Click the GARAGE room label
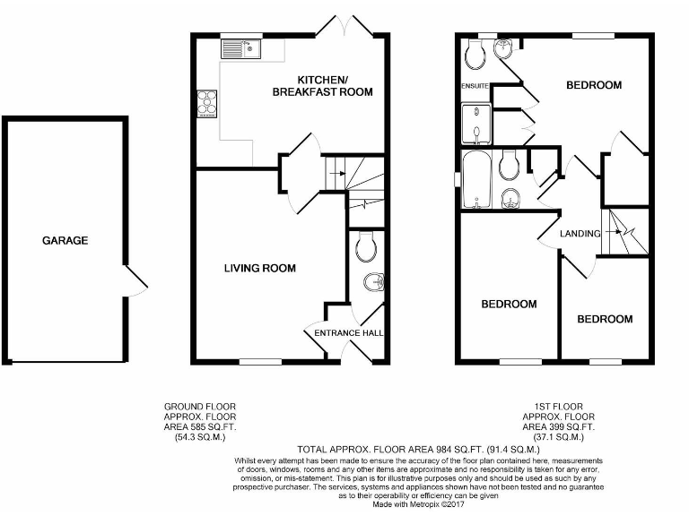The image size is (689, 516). click(x=65, y=240)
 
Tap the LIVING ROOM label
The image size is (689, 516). click(x=260, y=268)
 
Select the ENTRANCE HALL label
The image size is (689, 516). click(x=349, y=333)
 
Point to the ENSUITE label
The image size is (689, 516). click(x=475, y=86)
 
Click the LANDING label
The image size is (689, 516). click(x=580, y=234)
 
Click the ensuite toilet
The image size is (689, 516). click(x=475, y=56)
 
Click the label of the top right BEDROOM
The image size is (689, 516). click(x=593, y=85)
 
